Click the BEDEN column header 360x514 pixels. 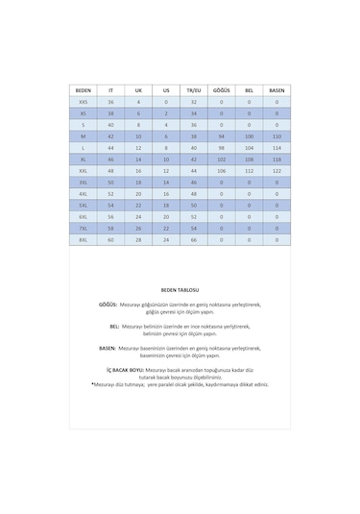(83, 89)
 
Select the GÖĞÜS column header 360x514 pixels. (221, 89)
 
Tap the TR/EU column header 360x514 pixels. (193, 89)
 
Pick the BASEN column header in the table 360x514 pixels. (276, 89)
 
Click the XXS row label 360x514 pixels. (83, 101)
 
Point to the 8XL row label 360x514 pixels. (83, 239)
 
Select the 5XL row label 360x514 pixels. (83, 205)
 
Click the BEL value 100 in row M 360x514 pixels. (249, 135)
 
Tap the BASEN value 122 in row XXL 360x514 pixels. (276, 170)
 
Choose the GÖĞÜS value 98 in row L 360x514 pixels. (221, 147)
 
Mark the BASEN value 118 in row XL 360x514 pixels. (276, 159)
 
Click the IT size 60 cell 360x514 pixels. (110, 239)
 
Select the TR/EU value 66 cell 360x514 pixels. (193, 239)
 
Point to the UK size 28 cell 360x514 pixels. (138, 239)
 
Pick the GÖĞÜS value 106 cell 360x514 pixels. (221, 170)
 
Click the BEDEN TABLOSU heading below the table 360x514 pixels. (180, 288)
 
